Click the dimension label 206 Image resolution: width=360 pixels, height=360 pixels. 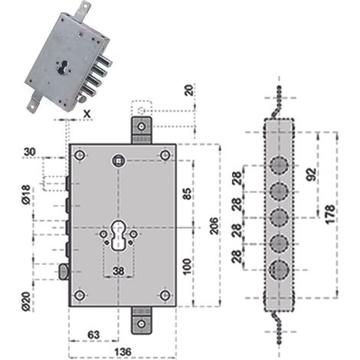[x=214, y=226]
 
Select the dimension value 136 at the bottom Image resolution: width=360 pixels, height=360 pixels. [x=123, y=352]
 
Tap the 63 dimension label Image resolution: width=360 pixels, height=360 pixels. [x=93, y=335]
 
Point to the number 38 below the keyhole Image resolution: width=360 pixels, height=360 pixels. [x=119, y=271]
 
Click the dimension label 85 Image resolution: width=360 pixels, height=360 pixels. [x=187, y=194]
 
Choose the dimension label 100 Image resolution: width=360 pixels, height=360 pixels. [x=187, y=267]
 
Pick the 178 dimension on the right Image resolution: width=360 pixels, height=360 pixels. [x=330, y=214]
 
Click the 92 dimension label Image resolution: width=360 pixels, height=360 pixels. [x=311, y=174]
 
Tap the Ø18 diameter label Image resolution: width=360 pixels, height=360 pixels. [x=26, y=195]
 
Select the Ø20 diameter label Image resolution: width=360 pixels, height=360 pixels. [x=26, y=302]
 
